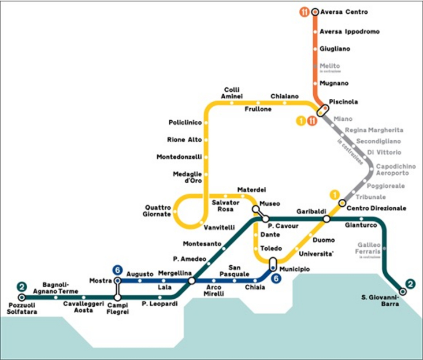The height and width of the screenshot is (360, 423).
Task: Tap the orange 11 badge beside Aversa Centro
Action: click(x=304, y=12)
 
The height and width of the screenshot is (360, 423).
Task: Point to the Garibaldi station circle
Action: click(x=326, y=219)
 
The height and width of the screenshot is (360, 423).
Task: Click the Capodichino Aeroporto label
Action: click(x=395, y=170)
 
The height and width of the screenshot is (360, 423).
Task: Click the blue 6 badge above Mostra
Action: click(x=118, y=270)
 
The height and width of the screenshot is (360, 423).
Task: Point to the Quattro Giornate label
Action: click(x=158, y=210)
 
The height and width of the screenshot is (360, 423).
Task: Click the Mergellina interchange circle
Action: click(x=191, y=281)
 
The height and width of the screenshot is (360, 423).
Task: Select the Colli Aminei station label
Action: click(x=233, y=93)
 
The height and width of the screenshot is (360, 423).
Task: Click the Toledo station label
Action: click(x=271, y=248)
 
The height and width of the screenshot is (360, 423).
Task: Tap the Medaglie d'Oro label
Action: click(x=187, y=177)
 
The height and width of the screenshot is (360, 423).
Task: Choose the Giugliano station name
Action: click(x=336, y=49)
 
